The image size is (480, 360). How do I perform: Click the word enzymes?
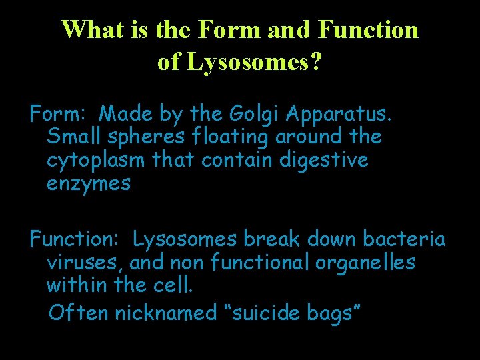pos(89,184)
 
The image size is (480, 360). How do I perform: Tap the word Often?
pos(78,312)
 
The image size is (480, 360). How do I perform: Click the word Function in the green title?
pos(368,29)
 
